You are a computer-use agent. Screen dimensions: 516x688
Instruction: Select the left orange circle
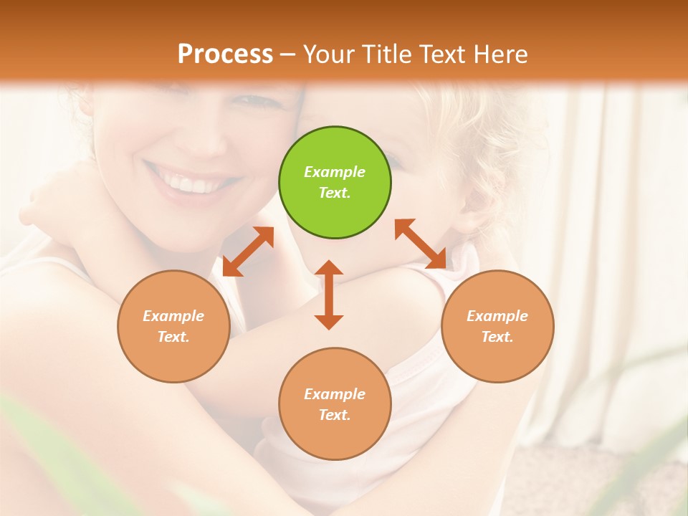(x=173, y=326)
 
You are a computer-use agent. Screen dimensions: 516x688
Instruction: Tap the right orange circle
(x=497, y=326)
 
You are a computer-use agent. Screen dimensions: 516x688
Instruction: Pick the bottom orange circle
(x=335, y=403)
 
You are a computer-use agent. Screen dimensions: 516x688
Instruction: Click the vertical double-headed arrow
(x=329, y=295)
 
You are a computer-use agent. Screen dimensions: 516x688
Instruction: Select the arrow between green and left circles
(x=248, y=252)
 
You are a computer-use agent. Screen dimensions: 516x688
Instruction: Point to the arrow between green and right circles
(x=420, y=244)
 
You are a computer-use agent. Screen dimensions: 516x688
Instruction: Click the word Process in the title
(x=225, y=54)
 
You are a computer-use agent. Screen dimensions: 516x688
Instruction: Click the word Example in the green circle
(x=335, y=172)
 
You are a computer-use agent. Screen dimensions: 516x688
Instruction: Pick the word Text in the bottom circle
(x=335, y=415)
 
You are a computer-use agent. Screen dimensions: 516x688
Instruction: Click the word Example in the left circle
(x=173, y=316)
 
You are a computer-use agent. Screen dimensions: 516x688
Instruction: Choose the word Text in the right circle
(x=497, y=337)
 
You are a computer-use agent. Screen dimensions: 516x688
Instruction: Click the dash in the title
(x=288, y=54)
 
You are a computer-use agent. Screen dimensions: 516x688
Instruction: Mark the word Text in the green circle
(x=335, y=193)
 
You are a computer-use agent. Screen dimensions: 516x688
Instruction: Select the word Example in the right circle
(x=497, y=316)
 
